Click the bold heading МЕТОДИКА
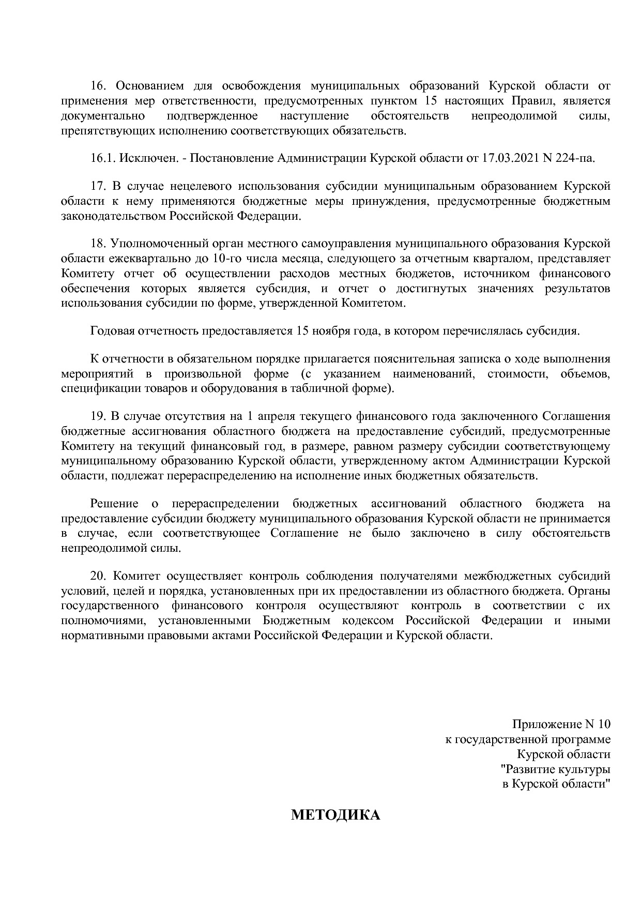335,815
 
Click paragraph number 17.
98,186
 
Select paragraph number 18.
98,243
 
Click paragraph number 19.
98,416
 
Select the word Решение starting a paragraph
114,504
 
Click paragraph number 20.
98,576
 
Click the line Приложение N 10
561,724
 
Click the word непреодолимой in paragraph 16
514,116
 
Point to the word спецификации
94,388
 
